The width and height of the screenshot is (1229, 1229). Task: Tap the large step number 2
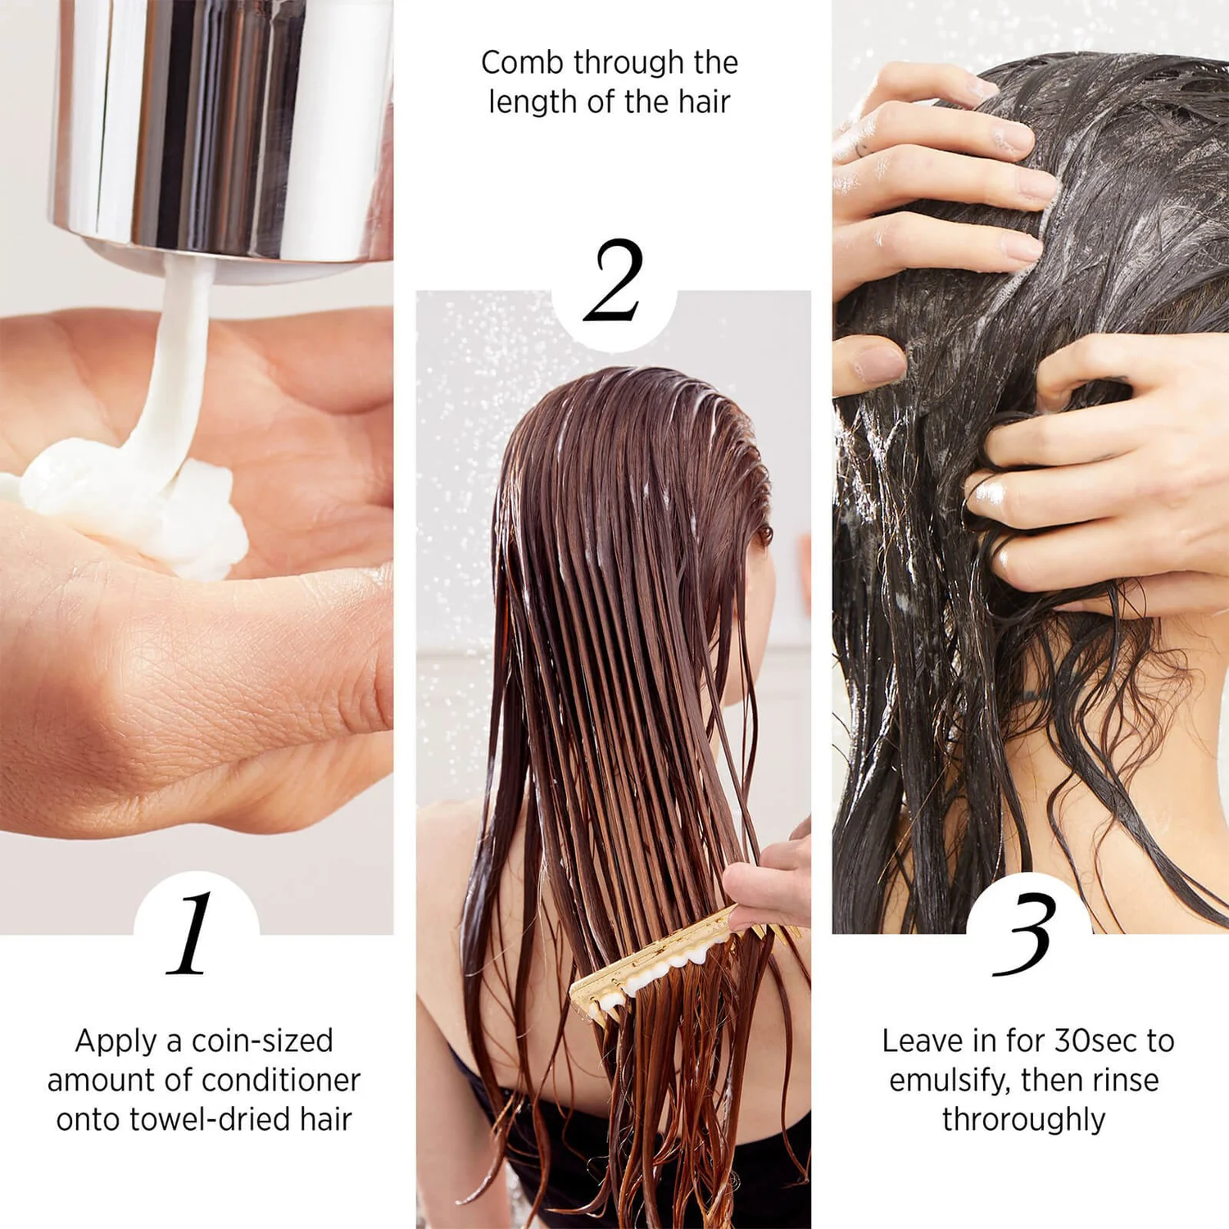[x=613, y=281]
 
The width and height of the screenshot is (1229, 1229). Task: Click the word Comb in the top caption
[x=520, y=63]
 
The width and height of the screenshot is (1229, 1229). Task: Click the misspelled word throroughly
[x=1023, y=1119]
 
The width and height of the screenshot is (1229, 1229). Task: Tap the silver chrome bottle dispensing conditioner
[x=221, y=123]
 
